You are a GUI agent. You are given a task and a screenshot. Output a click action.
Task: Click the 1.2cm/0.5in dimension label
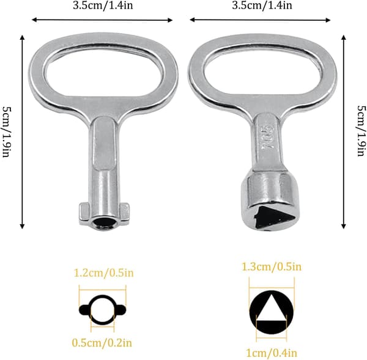(103, 273)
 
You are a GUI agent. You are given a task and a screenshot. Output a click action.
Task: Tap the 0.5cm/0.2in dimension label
(102, 343)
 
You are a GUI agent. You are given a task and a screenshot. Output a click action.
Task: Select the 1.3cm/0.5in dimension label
(272, 266)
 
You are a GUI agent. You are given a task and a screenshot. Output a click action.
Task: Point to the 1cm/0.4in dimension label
(272, 353)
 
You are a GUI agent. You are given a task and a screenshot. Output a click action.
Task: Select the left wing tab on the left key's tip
(84, 213)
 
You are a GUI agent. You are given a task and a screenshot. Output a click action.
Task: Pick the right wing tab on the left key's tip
(124, 213)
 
